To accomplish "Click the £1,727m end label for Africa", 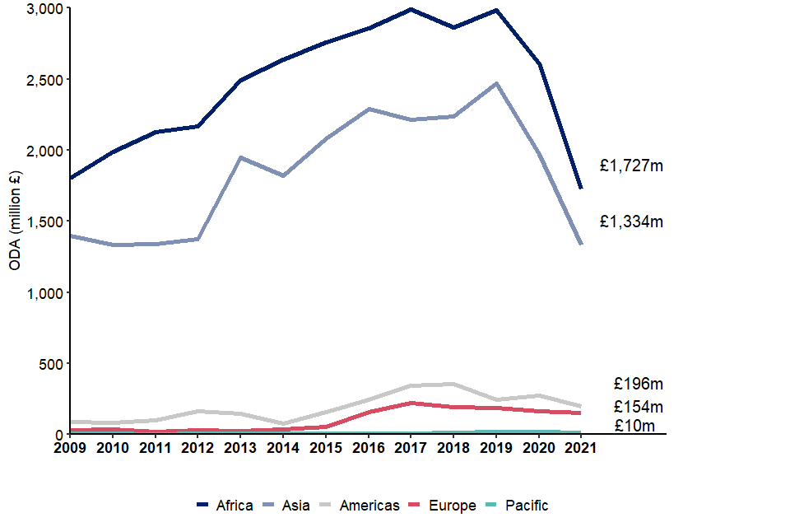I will (631, 166).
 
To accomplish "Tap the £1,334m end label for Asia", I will (631, 222).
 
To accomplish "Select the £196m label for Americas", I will (638, 384).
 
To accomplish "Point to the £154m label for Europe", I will (638, 407).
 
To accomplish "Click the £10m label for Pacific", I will (634, 426).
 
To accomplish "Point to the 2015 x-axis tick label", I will (326, 449).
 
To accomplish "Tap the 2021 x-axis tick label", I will (581, 449).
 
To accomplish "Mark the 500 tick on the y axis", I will (51, 363).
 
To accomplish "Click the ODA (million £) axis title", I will (15, 222).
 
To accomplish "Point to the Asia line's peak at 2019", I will (496, 83).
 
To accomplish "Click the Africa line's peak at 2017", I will (411, 9).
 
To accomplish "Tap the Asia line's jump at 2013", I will (240, 157).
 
